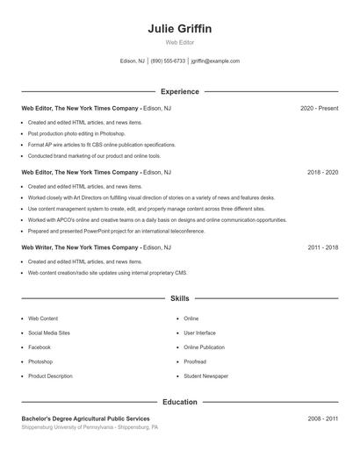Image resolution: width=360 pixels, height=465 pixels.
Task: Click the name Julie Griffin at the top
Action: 180,29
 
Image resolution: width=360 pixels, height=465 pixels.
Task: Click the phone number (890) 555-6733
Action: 168,61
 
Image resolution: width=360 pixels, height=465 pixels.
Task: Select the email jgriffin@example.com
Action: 215,61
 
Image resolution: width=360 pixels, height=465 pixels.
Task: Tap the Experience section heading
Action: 180,91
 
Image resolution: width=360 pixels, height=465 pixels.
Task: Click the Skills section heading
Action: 180,299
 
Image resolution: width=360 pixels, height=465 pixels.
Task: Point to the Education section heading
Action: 180,402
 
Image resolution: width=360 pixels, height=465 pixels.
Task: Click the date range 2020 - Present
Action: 319,108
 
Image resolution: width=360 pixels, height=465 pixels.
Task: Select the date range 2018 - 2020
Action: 322,173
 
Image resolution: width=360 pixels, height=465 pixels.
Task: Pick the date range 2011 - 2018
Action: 322,248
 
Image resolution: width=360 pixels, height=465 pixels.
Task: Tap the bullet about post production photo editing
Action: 70,133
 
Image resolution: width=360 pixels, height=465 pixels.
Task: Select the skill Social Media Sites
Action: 49,333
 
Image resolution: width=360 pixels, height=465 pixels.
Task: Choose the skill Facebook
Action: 40,347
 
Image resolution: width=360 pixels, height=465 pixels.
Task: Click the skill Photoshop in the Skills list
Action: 40,361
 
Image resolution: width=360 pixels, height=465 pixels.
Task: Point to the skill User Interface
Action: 199,333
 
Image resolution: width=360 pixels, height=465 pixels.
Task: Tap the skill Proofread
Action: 195,361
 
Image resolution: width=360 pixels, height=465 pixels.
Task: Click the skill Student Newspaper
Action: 205,376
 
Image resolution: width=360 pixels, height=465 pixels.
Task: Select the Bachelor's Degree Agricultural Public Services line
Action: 85,419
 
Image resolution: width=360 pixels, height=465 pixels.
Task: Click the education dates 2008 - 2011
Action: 322,419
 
